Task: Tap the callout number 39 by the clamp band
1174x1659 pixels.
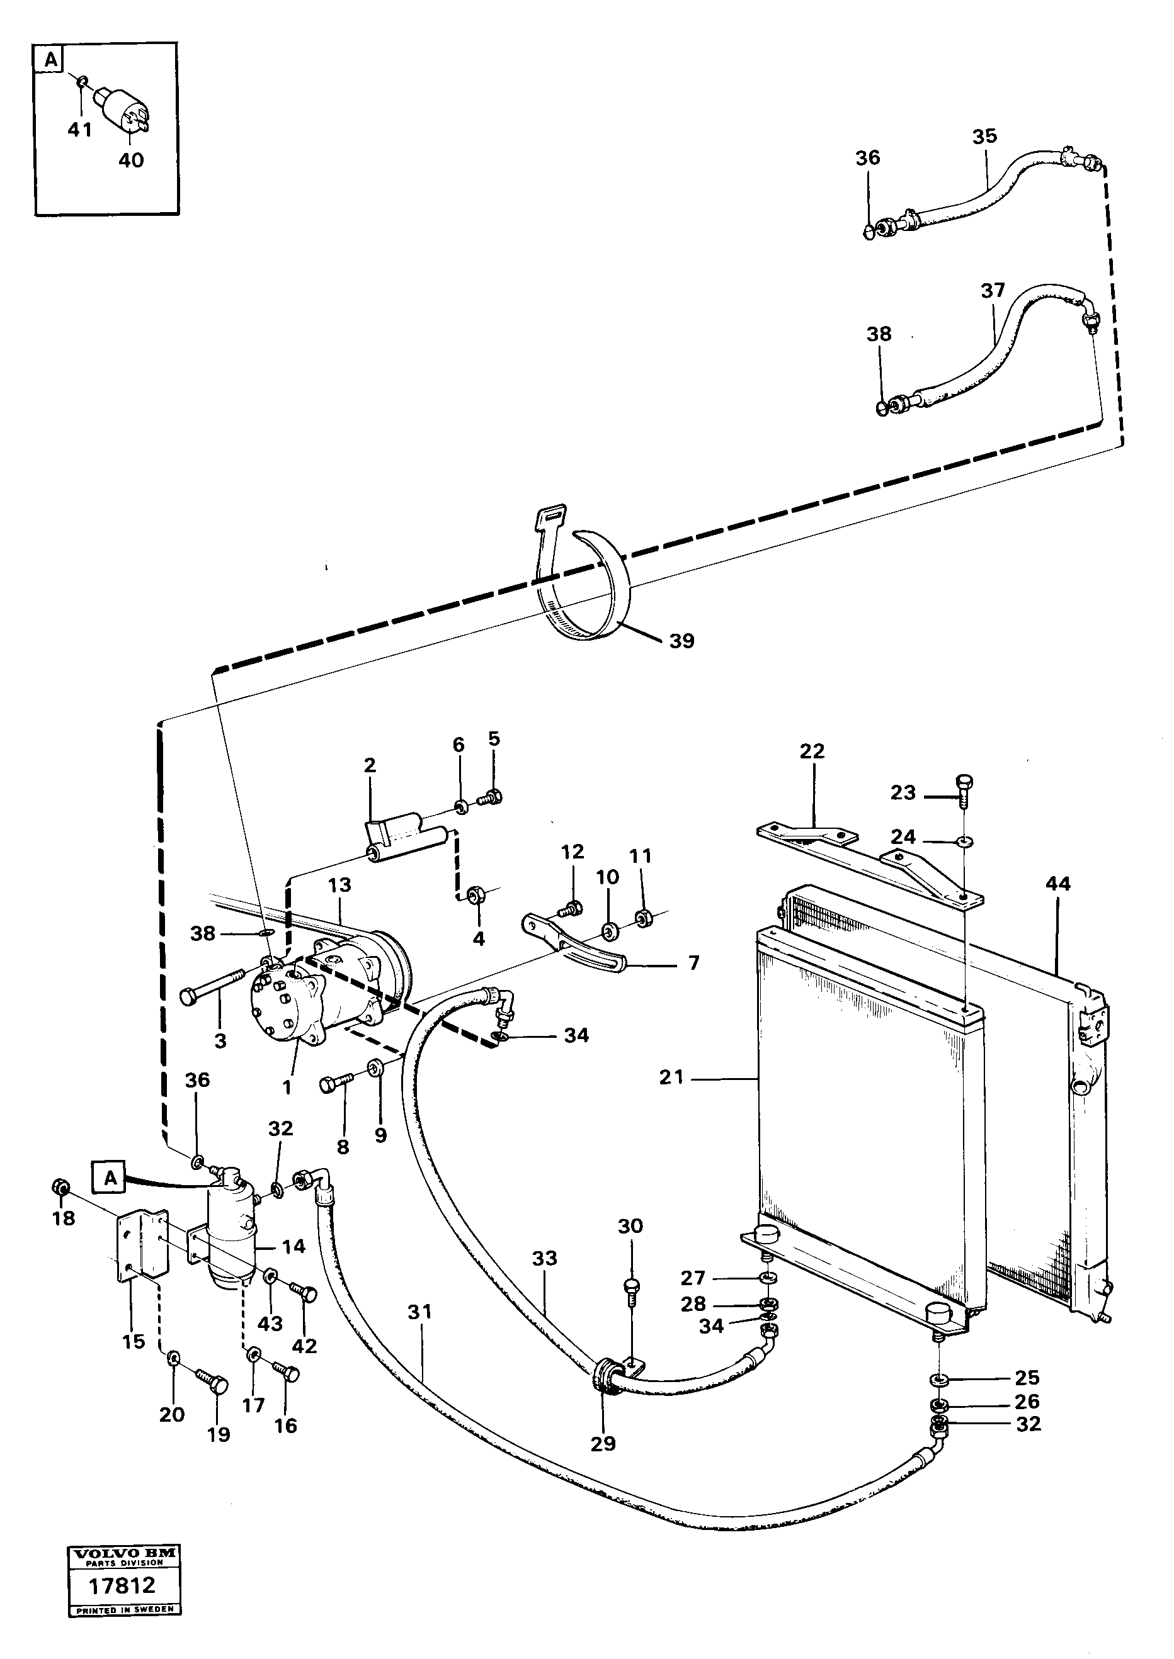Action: coord(681,641)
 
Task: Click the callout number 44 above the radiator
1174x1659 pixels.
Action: coord(1057,883)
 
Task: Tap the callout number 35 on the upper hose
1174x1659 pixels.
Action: coord(984,136)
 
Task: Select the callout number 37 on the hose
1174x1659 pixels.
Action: coord(993,291)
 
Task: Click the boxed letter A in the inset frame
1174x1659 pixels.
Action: coord(50,60)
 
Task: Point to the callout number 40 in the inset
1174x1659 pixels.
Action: coord(131,160)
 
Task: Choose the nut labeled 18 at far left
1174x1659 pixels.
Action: coord(62,1186)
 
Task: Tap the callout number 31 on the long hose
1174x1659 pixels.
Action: coord(419,1312)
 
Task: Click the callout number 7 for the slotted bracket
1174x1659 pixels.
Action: coord(693,962)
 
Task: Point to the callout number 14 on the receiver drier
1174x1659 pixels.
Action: coord(293,1246)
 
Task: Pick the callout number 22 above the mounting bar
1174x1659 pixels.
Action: coord(812,751)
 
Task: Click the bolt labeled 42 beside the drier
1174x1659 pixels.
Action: coord(307,1294)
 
